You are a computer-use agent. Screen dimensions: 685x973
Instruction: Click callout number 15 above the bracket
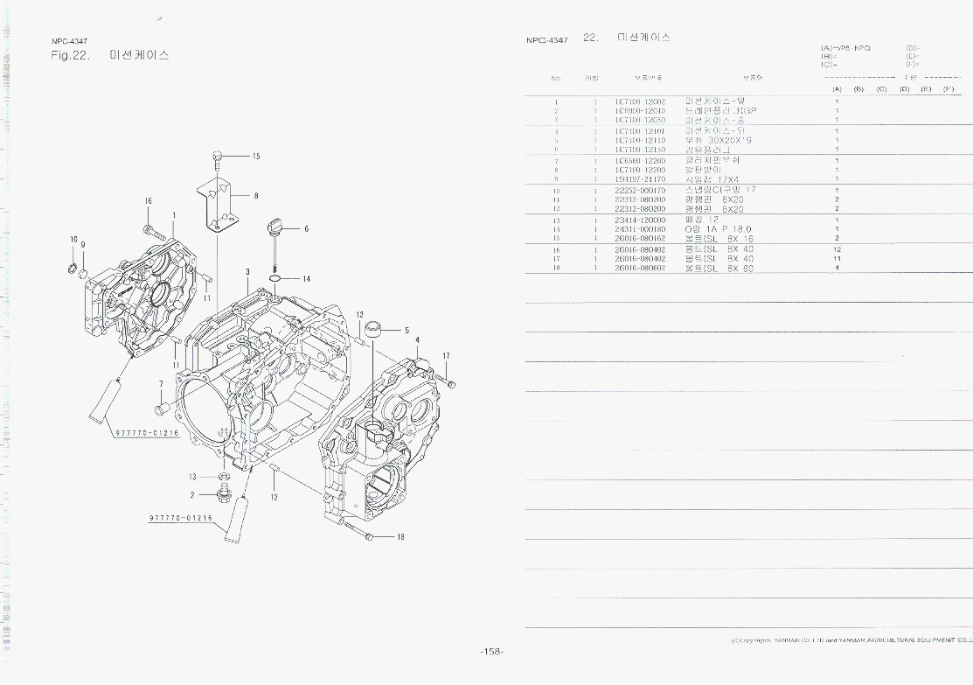(256, 157)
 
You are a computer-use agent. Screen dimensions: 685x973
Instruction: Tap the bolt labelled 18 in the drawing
(359, 531)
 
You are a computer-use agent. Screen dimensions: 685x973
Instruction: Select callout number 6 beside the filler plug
(306, 229)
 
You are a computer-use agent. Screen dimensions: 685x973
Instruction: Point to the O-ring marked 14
(275, 279)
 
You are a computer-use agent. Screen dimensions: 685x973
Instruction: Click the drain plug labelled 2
(226, 496)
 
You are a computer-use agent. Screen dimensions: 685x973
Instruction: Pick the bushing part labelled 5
(374, 329)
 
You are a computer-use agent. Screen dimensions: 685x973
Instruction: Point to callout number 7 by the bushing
(161, 383)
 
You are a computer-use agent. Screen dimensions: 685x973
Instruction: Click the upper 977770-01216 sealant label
(146, 433)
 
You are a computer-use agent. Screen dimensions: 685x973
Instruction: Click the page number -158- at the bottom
(492, 652)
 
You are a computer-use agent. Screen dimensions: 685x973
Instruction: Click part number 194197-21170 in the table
(640, 179)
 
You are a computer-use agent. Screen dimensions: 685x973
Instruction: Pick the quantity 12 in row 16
(837, 249)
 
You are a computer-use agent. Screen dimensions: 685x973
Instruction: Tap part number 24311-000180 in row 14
(640, 229)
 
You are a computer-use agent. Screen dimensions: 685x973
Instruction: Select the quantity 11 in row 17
(837, 259)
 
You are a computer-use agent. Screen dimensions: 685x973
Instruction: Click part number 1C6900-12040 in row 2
(640, 111)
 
